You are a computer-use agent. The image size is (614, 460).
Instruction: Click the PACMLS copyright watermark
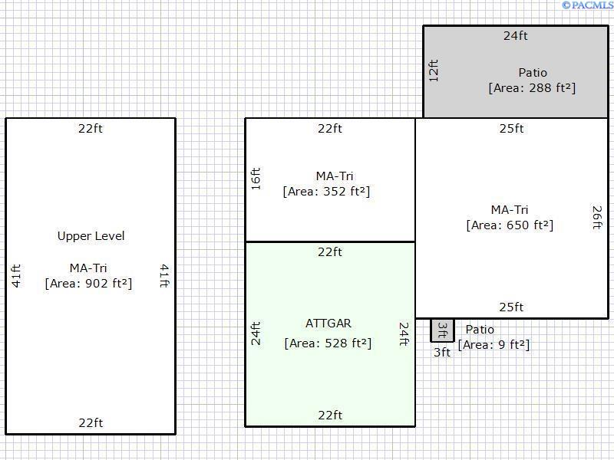coord(587,5)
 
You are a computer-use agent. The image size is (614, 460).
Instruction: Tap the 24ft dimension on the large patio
coord(515,35)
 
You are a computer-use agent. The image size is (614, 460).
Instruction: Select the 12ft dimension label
coord(434,71)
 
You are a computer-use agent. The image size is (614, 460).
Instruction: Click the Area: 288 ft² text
coord(532,87)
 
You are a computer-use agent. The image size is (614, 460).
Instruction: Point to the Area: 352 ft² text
coord(326,191)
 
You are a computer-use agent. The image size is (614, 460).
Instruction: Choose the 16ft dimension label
coord(256,179)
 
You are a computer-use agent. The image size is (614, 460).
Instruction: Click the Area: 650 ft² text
coord(510,225)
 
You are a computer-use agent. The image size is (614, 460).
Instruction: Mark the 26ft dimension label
coord(597,218)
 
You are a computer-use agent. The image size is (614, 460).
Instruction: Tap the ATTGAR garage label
coord(328,324)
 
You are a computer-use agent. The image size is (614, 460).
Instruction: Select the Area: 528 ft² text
coord(328,343)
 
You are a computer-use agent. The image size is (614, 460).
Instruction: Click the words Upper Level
coord(91,236)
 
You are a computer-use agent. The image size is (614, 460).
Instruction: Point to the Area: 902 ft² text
coord(88,283)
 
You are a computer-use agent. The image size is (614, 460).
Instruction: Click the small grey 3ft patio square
coord(443,330)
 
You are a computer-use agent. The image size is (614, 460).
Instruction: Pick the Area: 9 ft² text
coord(494,344)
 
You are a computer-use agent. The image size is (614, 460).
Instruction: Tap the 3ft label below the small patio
coord(442,353)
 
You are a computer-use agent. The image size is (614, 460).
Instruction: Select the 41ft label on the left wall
coord(16,276)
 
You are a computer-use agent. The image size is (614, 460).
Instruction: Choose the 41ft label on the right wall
coord(164,276)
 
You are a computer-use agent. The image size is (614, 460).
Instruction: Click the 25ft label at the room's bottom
coord(511,307)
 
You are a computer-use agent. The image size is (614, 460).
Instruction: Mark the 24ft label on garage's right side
coord(404,334)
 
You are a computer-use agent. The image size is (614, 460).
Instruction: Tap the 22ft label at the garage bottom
coord(330,415)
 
